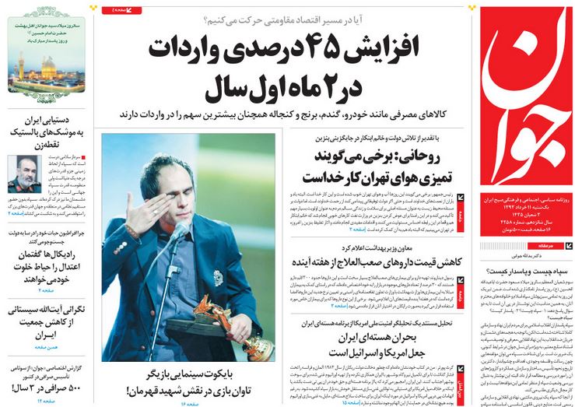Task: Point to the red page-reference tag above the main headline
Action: point(121,9)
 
